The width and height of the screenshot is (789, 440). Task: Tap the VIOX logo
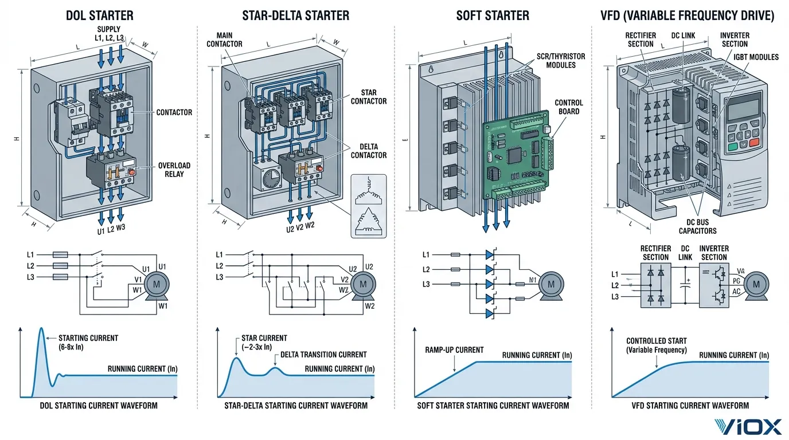pyautogui.click(x=748, y=427)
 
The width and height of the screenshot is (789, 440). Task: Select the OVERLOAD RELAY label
pyautogui.click(x=174, y=170)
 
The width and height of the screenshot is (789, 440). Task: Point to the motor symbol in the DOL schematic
pyautogui.click(x=154, y=284)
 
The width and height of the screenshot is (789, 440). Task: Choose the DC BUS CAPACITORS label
pyautogui.click(x=697, y=226)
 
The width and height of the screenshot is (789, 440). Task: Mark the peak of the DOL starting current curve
pyautogui.click(x=41, y=328)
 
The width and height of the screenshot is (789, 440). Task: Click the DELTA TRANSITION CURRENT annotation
pyautogui.click(x=323, y=355)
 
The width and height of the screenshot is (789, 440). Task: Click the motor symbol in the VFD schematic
pyautogui.click(x=756, y=284)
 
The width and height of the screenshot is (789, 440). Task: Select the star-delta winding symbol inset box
pyautogui.click(x=369, y=206)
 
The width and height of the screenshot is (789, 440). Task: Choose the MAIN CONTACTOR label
pyautogui.click(x=224, y=40)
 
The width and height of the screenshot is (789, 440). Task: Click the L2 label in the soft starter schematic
pyautogui.click(x=425, y=269)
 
